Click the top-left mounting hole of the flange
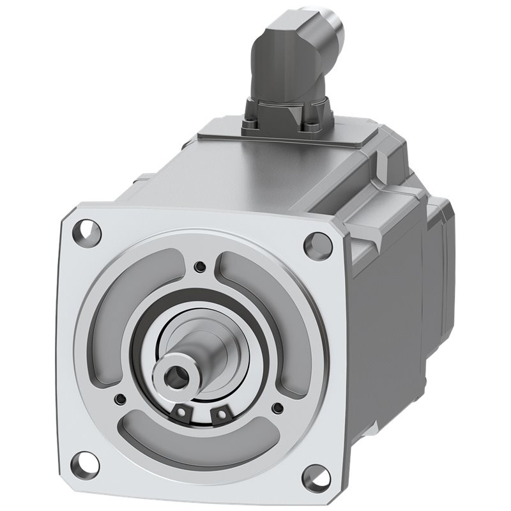(x=88, y=231)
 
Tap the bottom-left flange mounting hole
(x=87, y=464)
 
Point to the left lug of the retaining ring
(x=183, y=413)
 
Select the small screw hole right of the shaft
(x=277, y=407)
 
